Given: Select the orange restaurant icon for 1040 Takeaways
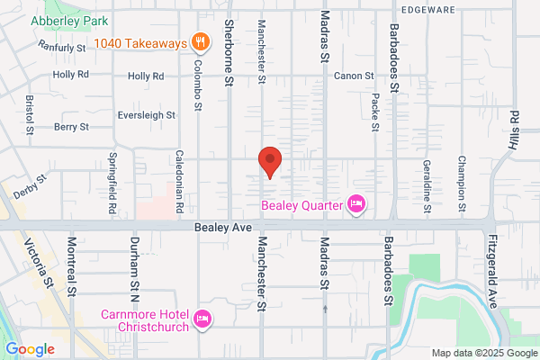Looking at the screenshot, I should [201, 41].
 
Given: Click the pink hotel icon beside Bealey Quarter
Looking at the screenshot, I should [356, 205].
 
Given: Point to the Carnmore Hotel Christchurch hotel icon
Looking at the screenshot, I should [202, 318].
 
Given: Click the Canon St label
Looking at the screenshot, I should [353, 76].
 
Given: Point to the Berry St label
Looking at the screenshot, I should [70, 128].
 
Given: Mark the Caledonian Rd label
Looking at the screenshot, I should [180, 181].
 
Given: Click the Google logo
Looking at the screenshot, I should [30, 348].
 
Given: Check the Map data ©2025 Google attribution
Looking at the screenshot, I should [483, 352].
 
